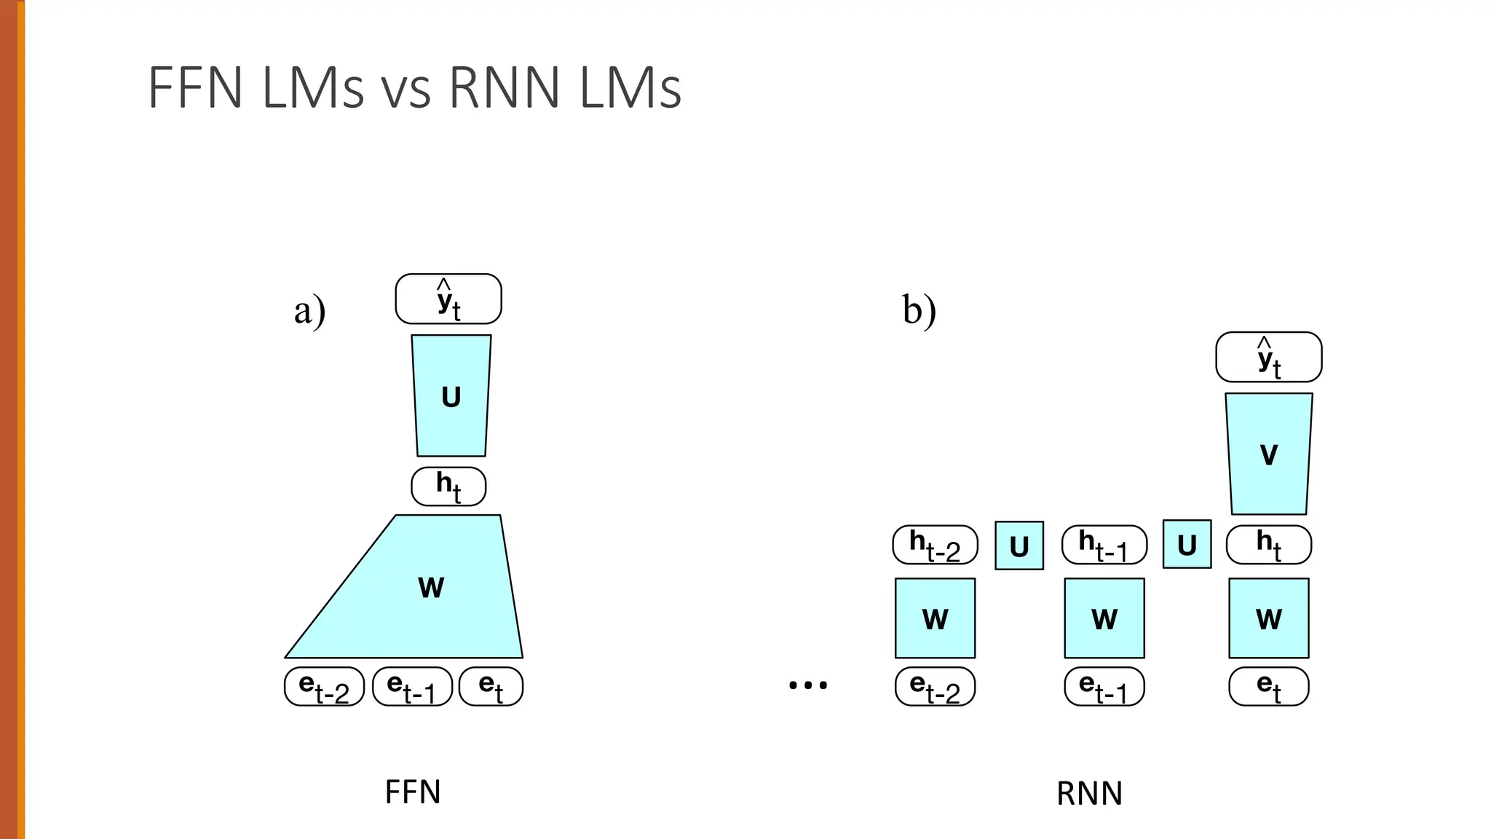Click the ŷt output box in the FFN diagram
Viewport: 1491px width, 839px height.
point(448,299)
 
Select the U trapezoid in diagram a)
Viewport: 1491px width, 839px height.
point(451,396)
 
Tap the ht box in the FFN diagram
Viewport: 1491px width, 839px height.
point(448,487)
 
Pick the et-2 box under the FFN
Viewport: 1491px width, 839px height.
point(324,687)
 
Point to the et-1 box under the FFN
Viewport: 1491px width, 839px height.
point(412,687)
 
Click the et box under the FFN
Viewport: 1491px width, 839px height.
point(491,687)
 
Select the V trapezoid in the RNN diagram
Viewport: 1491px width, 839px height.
point(1268,454)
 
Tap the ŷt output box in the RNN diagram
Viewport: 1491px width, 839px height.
point(1268,357)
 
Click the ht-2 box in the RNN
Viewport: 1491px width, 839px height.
point(935,545)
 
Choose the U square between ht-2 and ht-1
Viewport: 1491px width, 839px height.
point(1019,545)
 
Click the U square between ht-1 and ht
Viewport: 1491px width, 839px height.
point(1187,544)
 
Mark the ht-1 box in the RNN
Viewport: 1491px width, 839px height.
point(1104,545)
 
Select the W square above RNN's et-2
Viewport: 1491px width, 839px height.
point(935,618)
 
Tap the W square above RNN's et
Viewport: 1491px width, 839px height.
point(1268,618)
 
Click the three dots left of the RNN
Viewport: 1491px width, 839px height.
point(808,685)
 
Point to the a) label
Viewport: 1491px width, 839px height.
point(309,311)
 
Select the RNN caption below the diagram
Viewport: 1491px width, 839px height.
point(1089,793)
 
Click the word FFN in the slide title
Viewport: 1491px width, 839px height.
point(195,88)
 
